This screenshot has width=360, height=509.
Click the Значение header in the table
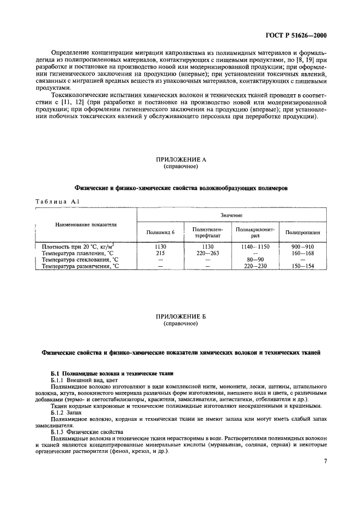(x=231, y=216)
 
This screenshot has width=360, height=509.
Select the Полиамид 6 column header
(x=161, y=232)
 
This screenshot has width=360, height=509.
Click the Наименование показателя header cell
(x=86, y=224)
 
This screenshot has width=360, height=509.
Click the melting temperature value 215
(x=161, y=253)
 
